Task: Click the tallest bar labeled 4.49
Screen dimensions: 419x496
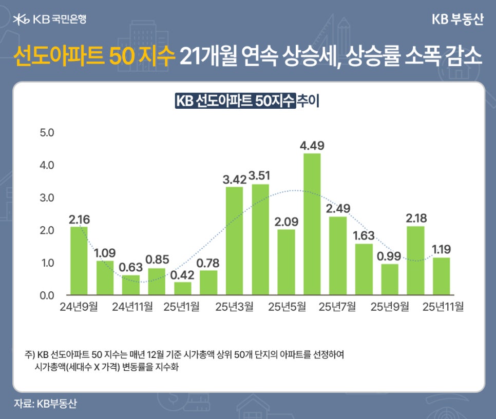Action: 312,224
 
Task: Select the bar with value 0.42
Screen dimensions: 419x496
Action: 182,289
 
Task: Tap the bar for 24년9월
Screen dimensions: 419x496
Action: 79,261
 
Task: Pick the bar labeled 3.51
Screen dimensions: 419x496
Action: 260,240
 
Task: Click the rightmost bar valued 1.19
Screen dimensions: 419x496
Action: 441,276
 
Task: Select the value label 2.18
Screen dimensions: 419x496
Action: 415,218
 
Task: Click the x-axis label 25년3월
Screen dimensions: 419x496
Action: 234,307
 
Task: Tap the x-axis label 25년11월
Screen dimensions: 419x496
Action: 442,307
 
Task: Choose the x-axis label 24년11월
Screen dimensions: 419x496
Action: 131,307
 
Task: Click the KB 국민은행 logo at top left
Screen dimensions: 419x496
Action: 50,19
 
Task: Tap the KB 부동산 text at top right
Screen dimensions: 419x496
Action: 457,19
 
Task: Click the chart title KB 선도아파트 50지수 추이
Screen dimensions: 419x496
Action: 247,101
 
